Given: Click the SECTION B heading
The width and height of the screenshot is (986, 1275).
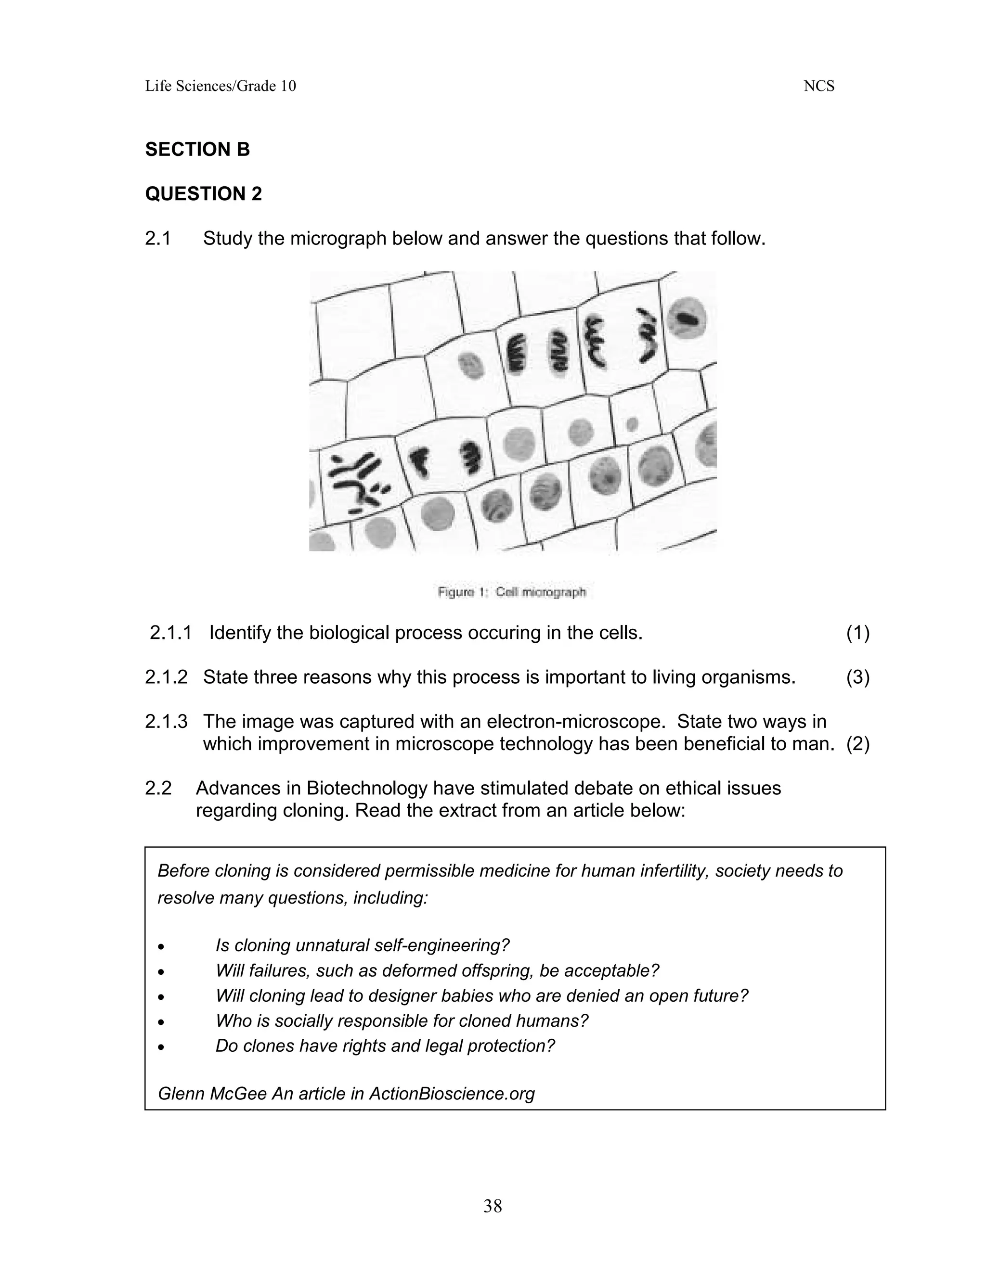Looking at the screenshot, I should pos(197,150).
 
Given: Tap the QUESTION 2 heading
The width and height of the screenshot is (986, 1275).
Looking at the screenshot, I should pos(203,194).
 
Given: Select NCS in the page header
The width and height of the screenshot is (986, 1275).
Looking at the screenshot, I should pos(819,87).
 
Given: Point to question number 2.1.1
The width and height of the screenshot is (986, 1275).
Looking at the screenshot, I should pos(170,633).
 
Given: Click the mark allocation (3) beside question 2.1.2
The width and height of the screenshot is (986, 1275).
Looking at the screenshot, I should pos(857,677).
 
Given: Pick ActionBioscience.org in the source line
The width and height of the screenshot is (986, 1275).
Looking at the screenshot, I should pos(452,1094).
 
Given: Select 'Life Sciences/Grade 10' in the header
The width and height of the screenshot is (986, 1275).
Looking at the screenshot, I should pos(220,87).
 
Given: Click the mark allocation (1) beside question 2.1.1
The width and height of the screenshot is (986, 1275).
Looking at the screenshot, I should pos(857,633).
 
